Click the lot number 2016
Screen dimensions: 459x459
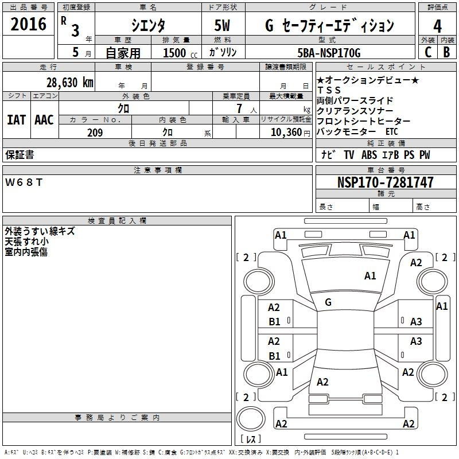(28, 24)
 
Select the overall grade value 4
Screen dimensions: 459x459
(437, 26)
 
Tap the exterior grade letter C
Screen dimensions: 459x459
(428, 52)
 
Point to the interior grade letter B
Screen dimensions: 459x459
(446, 52)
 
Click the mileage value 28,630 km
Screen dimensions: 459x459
(69, 83)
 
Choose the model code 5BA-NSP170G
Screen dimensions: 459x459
(329, 53)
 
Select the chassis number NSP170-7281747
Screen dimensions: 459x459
(385, 182)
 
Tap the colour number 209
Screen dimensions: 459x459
(95, 133)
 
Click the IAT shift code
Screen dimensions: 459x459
(17, 120)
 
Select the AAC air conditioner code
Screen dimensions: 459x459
(44, 120)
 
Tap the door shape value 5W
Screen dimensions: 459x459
(222, 25)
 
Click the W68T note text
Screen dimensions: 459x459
(24, 182)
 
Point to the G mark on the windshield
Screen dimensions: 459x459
(328, 302)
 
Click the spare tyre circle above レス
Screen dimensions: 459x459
(251, 418)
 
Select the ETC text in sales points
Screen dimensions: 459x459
(392, 132)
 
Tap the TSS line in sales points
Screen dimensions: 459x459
(329, 90)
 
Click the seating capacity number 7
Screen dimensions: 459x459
(239, 108)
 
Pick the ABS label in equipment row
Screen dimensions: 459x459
(369, 155)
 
